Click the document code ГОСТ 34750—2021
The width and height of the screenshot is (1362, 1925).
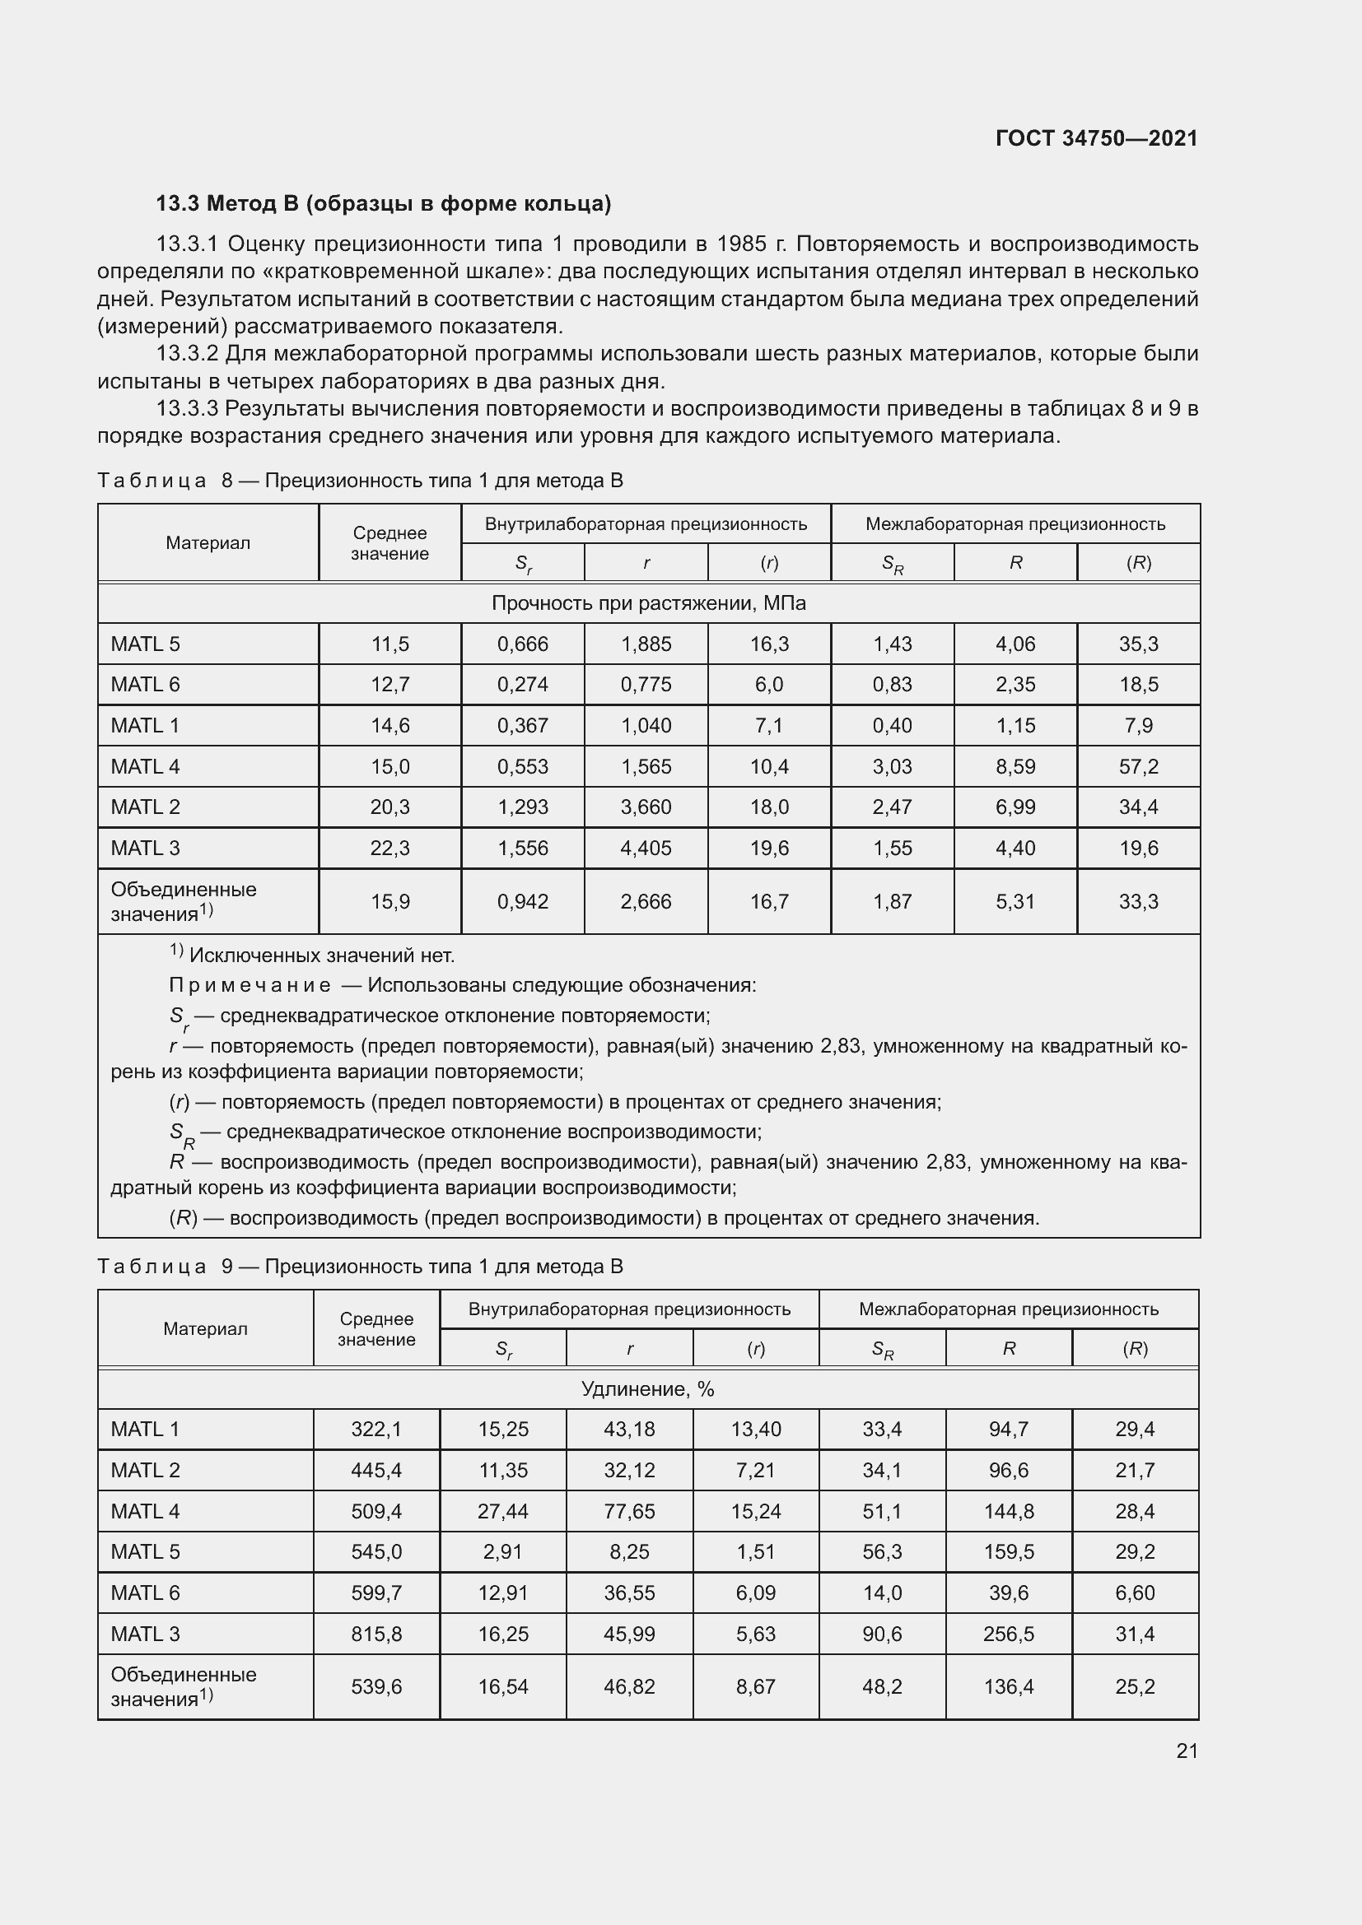[1096, 138]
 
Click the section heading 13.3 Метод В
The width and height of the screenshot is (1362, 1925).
[383, 204]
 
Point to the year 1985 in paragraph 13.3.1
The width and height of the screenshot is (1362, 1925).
[741, 244]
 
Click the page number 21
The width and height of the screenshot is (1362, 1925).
[1187, 1751]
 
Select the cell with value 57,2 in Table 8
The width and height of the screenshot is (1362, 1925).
[1138, 766]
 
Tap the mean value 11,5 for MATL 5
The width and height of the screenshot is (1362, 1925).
[390, 644]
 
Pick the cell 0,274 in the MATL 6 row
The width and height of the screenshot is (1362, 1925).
[523, 684]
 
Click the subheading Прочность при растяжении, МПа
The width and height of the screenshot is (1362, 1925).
[648, 602]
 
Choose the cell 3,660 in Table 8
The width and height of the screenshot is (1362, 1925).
[646, 807]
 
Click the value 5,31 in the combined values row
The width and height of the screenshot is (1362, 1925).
[1015, 901]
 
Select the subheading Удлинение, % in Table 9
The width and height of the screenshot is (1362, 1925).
[647, 1389]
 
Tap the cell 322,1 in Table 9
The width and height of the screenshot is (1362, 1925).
[376, 1429]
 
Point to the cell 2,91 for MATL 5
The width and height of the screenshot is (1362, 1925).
[503, 1551]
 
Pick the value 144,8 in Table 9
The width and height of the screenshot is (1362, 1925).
[1009, 1511]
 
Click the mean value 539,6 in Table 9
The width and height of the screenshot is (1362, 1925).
[376, 1686]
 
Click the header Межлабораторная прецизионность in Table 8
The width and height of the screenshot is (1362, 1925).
[1015, 524]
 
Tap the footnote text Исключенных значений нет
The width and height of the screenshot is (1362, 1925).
[321, 955]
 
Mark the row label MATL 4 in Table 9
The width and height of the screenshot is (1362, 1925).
[145, 1511]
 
